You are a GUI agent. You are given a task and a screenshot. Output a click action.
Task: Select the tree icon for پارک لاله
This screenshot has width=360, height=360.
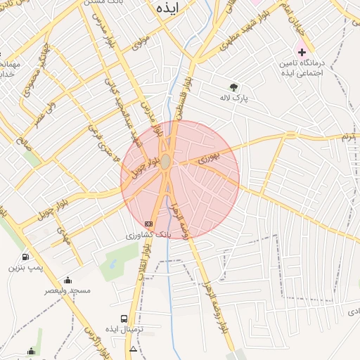click(x=233, y=87)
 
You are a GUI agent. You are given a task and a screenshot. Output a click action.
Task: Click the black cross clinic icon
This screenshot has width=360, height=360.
click(x=302, y=51)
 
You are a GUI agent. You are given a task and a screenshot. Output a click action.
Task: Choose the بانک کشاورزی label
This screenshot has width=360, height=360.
click(x=148, y=235)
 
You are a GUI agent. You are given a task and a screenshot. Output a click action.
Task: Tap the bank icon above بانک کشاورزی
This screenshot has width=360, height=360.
click(x=148, y=224)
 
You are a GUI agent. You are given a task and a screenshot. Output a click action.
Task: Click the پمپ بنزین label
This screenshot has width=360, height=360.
click(x=26, y=268)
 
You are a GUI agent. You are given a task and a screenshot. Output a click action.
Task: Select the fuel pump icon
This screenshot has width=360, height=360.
click(x=26, y=257)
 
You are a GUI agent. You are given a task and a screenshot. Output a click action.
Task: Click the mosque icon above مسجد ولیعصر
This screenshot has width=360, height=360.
click(x=67, y=279)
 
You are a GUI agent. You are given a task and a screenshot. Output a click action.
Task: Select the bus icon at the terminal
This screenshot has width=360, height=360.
click(x=124, y=319)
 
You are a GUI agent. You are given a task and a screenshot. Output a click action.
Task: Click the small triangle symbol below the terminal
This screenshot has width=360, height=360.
click(x=134, y=349)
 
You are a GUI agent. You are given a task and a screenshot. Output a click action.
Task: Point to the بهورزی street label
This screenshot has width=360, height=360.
click(x=209, y=160)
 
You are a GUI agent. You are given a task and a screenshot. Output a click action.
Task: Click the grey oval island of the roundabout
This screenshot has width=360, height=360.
click(x=165, y=162)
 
